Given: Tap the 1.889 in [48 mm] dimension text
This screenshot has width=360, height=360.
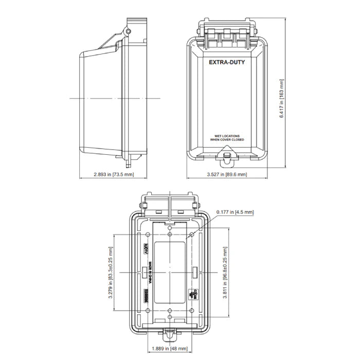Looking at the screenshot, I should (x=170, y=349).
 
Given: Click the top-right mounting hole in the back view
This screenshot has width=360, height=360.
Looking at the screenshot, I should (x=192, y=235).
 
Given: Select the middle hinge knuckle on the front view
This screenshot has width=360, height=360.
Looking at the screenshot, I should (x=226, y=33).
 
